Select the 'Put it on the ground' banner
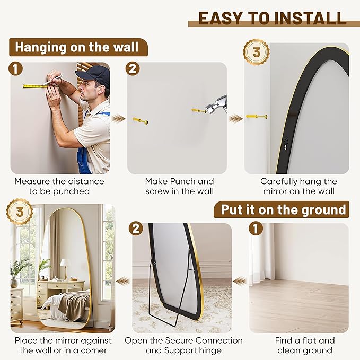pos(283,209)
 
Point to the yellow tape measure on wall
pos(34,85)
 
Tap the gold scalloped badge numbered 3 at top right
pos(256,52)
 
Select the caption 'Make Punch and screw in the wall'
pos(180,186)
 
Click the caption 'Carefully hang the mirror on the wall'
pos(298,186)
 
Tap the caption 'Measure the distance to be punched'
pos(59,186)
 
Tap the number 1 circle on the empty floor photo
pos(256,229)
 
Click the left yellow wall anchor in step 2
pos(141,120)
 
